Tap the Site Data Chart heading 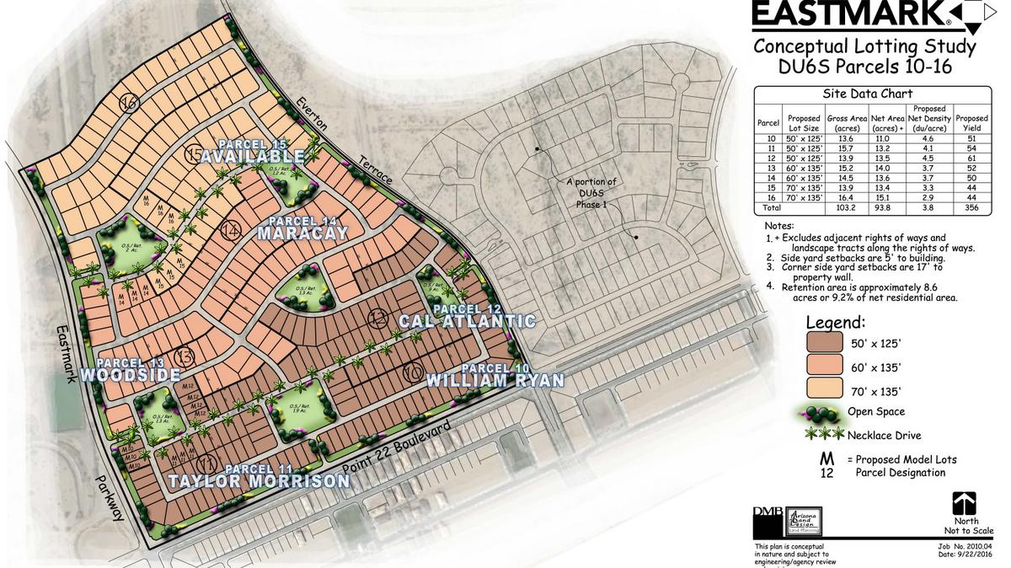tap(872, 94)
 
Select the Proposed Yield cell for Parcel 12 tap(971, 158)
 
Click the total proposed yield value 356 tap(971, 207)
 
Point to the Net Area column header tap(888, 124)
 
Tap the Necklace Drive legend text tap(884, 435)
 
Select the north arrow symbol tap(964, 504)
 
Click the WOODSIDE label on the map tap(131, 374)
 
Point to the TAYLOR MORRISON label tap(258, 481)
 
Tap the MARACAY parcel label tap(302, 233)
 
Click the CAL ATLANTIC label tap(467, 321)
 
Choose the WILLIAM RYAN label tap(495, 380)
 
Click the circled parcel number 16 tap(129, 104)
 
